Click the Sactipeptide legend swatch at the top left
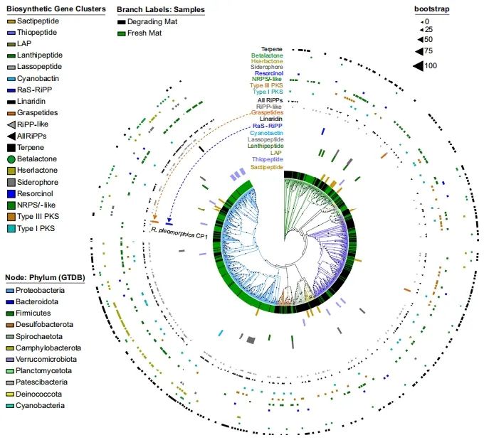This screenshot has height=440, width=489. pos(11,22)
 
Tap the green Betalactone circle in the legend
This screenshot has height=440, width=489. pos(11,159)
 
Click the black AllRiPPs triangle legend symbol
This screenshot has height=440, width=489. pos(11,135)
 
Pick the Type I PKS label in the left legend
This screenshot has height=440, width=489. pos(37,227)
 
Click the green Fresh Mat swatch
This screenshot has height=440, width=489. pos(122,33)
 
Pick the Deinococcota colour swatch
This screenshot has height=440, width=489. pos(11,394)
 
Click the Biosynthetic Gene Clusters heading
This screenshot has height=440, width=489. pos(56,9)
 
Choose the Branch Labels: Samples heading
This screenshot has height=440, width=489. pos(161,9)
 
